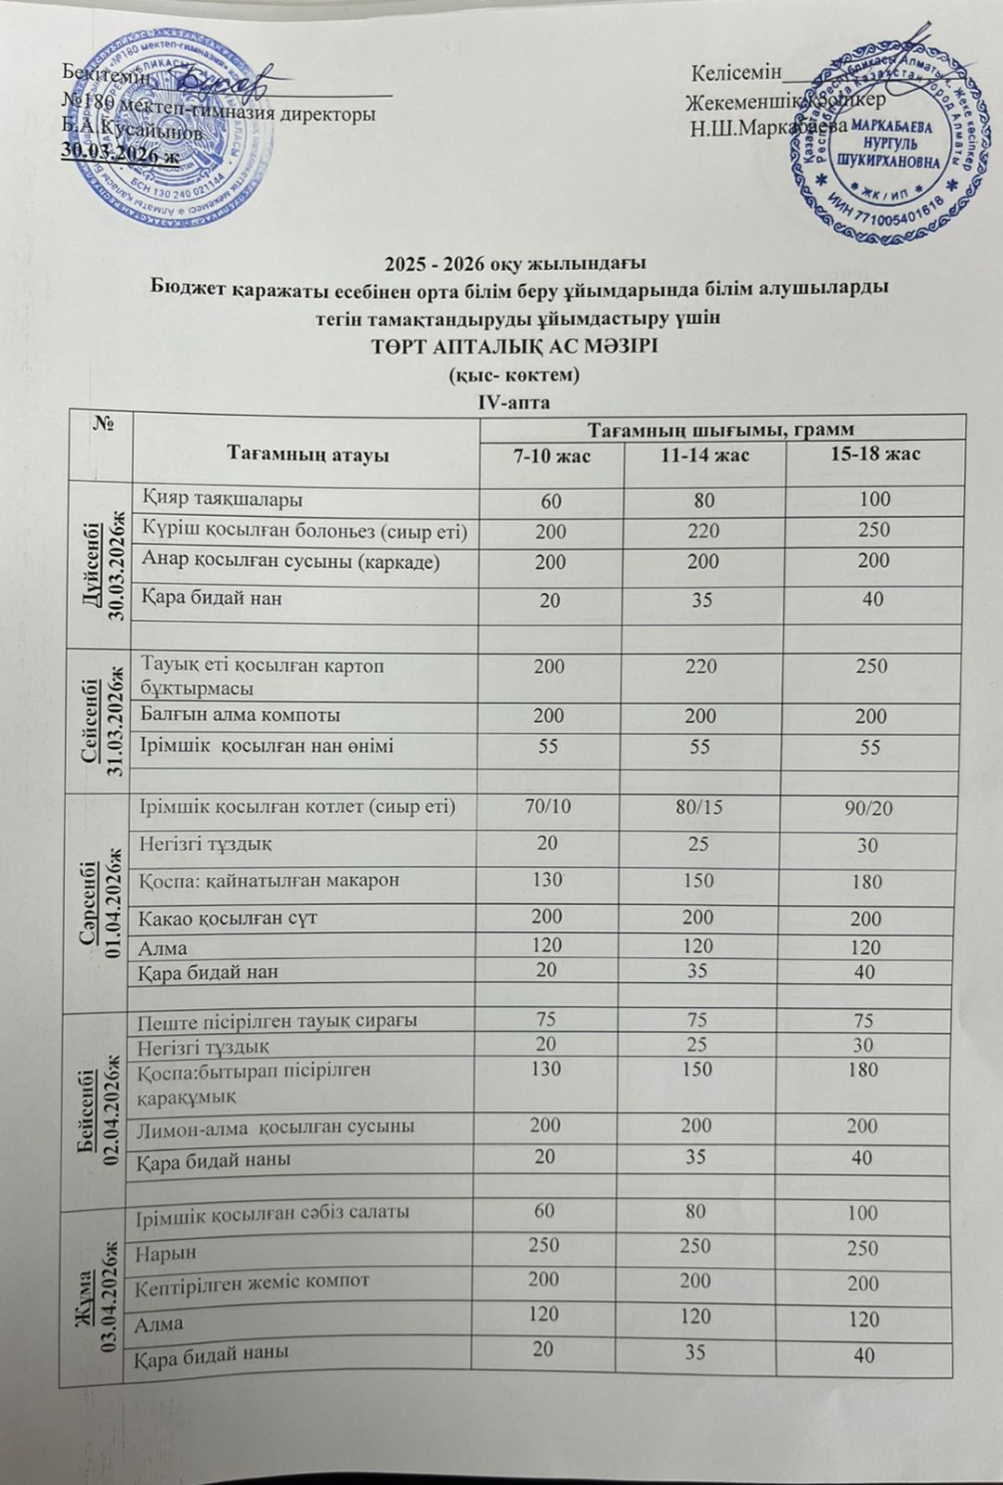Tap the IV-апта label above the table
(513, 403)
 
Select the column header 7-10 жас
(551, 457)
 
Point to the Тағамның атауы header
(307, 454)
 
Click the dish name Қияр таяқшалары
(222, 499)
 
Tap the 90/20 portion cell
(869, 807)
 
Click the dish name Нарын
(161, 1253)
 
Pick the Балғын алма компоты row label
(241, 715)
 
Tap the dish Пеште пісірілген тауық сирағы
(277, 1021)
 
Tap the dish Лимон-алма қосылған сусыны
(275, 1127)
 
